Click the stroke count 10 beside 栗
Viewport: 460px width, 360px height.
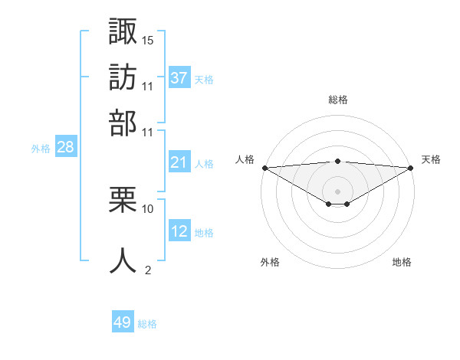[x=148, y=208]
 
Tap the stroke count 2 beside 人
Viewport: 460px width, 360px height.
[x=148, y=270]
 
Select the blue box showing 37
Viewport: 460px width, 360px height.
[x=179, y=78]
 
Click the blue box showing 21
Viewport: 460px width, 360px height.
[x=179, y=162]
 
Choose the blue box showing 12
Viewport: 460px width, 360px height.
[x=179, y=231]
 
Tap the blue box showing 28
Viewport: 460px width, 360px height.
[x=65, y=148]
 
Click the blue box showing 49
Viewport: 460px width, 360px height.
[x=123, y=323]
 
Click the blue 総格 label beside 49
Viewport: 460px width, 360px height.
[x=147, y=324]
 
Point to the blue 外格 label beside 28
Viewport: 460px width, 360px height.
[x=41, y=149]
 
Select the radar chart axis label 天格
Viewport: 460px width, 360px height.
[x=431, y=159]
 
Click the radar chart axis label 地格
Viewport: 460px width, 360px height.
[x=402, y=262]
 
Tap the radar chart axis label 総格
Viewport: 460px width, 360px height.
[x=338, y=100]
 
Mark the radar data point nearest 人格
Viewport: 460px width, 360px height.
[x=264, y=168]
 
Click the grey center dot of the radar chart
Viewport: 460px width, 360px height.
[x=338, y=191]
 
